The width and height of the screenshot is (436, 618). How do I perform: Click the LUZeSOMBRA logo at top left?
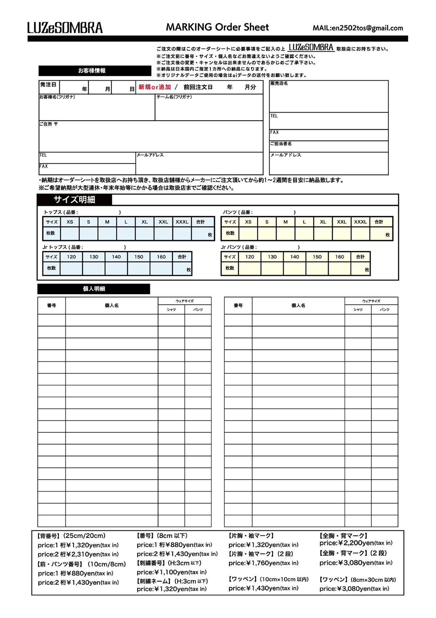point(65,28)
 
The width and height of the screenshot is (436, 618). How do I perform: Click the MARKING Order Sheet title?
point(217,27)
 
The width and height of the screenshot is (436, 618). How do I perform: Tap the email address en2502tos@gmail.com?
point(367,28)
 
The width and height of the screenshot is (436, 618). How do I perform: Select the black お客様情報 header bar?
point(95,71)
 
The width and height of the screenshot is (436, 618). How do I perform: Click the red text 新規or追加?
point(155,87)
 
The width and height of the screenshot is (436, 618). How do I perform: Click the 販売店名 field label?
point(279,83)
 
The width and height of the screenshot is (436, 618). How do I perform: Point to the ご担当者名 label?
point(281,144)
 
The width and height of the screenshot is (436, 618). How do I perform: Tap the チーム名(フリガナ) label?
point(174,97)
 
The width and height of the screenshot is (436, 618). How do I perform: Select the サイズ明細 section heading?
point(74,199)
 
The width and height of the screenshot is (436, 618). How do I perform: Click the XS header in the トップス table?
point(70,222)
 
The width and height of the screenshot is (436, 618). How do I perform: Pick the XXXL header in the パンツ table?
point(360,222)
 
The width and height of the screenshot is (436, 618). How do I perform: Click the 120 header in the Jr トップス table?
point(71,257)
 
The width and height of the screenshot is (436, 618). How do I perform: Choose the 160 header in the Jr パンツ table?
point(339,257)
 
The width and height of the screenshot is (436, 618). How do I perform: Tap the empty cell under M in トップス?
point(107,234)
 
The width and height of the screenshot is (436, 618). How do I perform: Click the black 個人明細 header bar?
point(94,289)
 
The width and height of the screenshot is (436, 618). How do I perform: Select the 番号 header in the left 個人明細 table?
point(52,305)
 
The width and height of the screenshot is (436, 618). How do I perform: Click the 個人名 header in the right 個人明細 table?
point(298,305)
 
